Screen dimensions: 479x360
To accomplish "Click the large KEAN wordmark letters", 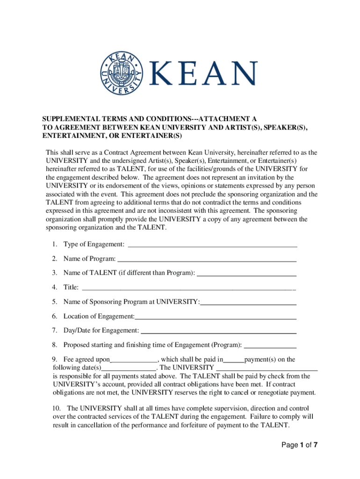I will pyautogui.click(x=203, y=74).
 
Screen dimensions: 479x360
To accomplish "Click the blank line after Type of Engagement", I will pyautogui.click(x=212, y=245).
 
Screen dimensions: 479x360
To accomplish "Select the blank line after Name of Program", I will pyautogui.click(x=207, y=259).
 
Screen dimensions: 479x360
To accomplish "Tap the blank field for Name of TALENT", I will pyautogui.click(x=247, y=273).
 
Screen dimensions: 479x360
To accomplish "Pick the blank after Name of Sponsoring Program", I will pyautogui.click(x=248, y=302).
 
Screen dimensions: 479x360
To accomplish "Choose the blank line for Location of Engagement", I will pyautogui.click(x=216, y=317).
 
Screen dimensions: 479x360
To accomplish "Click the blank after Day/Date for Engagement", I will pyautogui.click(x=218, y=331).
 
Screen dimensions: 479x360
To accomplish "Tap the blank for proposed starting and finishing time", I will pyautogui.click(x=270, y=346).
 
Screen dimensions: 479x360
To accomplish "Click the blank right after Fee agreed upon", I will pyautogui.click(x=134, y=360).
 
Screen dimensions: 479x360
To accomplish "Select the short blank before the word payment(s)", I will pyautogui.click(x=234, y=360).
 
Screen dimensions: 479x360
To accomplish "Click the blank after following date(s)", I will pyautogui.click(x=129, y=368).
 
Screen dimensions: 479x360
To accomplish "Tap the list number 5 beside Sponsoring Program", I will pyautogui.click(x=55, y=302).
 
